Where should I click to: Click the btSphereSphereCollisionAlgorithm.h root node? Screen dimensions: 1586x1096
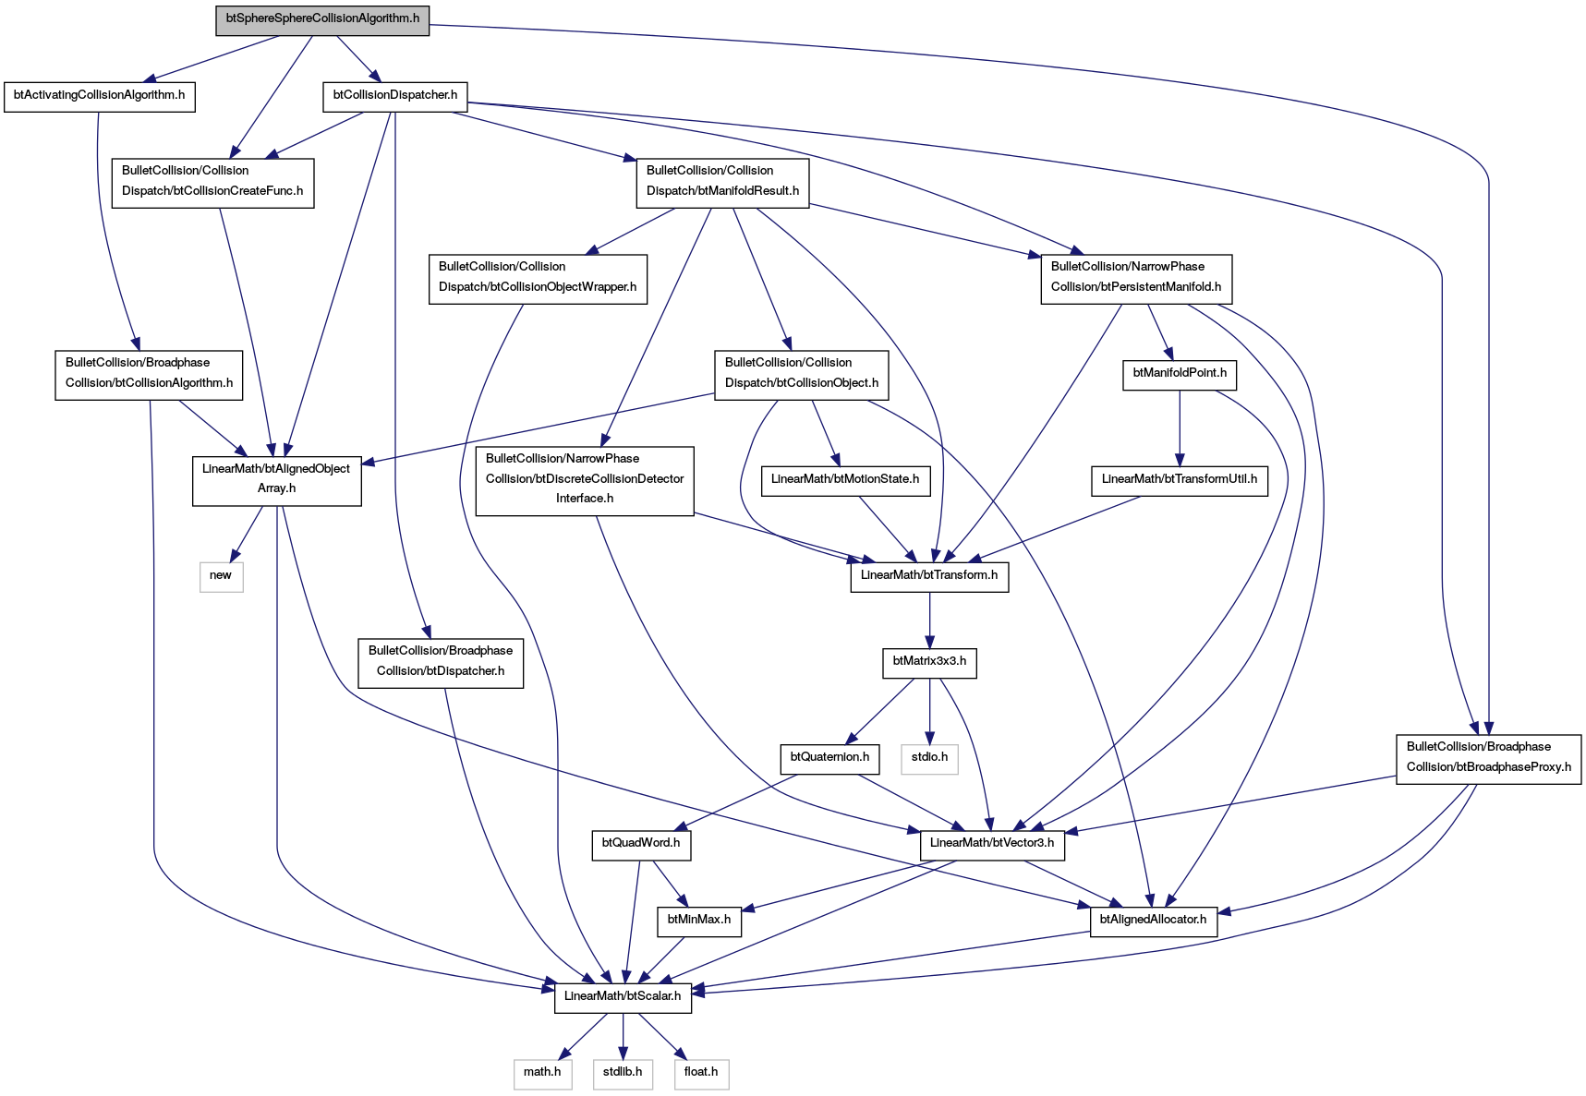tap(322, 18)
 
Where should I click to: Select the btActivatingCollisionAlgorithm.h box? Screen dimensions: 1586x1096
tap(100, 95)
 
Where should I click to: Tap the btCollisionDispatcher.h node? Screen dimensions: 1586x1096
tap(395, 95)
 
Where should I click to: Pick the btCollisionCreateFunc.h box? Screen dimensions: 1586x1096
tap(212, 181)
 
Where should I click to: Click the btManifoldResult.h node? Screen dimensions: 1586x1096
tap(722, 181)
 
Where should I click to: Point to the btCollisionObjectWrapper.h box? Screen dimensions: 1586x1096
tap(538, 277)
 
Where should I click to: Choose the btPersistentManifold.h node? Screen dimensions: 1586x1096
tap(1136, 277)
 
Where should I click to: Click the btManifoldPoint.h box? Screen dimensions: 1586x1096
tap(1180, 373)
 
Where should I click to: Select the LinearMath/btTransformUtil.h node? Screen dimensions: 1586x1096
tap(1180, 479)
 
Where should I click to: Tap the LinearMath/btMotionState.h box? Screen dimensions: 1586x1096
tap(845, 479)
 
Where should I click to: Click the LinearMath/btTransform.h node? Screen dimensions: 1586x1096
tap(929, 575)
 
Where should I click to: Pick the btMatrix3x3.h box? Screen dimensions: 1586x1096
tap(929, 661)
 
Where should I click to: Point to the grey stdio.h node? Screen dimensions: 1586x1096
tap(929, 757)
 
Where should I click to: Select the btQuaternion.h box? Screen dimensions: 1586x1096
tap(829, 757)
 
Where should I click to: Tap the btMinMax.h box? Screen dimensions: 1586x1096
tap(699, 920)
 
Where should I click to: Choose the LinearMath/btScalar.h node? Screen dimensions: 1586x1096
tap(623, 996)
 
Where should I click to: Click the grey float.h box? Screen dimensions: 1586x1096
tap(701, 1073)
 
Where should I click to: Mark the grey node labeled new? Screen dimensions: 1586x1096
tap(221, 575)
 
